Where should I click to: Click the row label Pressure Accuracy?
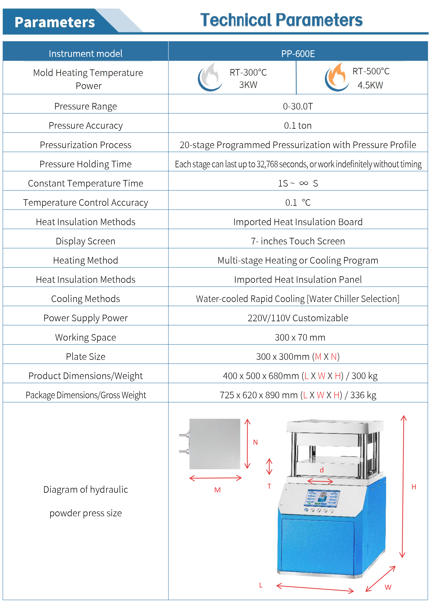coord(86,125)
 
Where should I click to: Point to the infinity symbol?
coord(303,183)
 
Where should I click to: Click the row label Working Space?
coord(86,337)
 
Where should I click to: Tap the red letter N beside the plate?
coord(255,442)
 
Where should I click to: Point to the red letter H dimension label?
coord(413,487)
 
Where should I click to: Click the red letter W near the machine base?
coord(388,587)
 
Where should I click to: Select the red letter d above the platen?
coord(322,470)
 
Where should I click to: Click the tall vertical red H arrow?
coord(403,486)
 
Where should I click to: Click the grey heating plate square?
coord(215,444)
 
